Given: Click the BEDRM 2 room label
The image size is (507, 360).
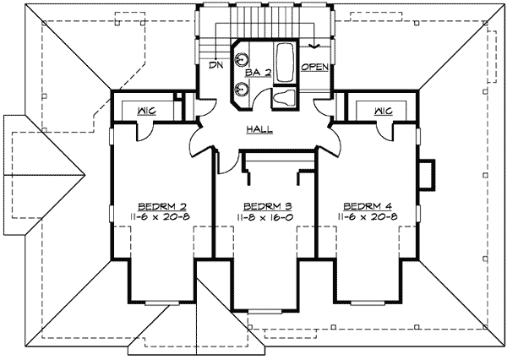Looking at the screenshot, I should point(161,205).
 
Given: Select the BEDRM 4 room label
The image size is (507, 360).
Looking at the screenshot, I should point(366,205).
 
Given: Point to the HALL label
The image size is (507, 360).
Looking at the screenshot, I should point(258,129).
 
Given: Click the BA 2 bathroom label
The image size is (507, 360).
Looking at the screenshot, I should point(258,74).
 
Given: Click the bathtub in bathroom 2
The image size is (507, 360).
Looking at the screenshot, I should point(286,61).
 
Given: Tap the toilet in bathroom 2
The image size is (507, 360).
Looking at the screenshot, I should point(285,98).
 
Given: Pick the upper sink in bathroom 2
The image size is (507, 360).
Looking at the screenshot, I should point(241,59).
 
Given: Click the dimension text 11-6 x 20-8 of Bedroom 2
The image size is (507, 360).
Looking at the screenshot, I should point(161,217).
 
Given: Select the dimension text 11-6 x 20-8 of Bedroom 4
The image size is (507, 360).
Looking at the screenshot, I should point(366,217).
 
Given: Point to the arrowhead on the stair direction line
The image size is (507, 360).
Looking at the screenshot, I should point(315,46).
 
